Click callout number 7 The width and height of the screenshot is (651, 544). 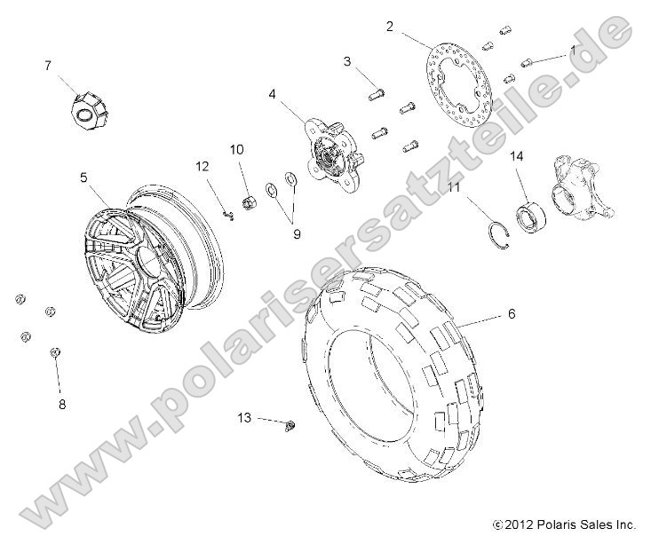click(x=48, y=65)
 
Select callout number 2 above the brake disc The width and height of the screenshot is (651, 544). click(x=389, y=27)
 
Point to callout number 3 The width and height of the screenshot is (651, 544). click(x=348, y=61)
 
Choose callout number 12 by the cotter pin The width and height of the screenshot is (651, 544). click(x=202, y=166)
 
